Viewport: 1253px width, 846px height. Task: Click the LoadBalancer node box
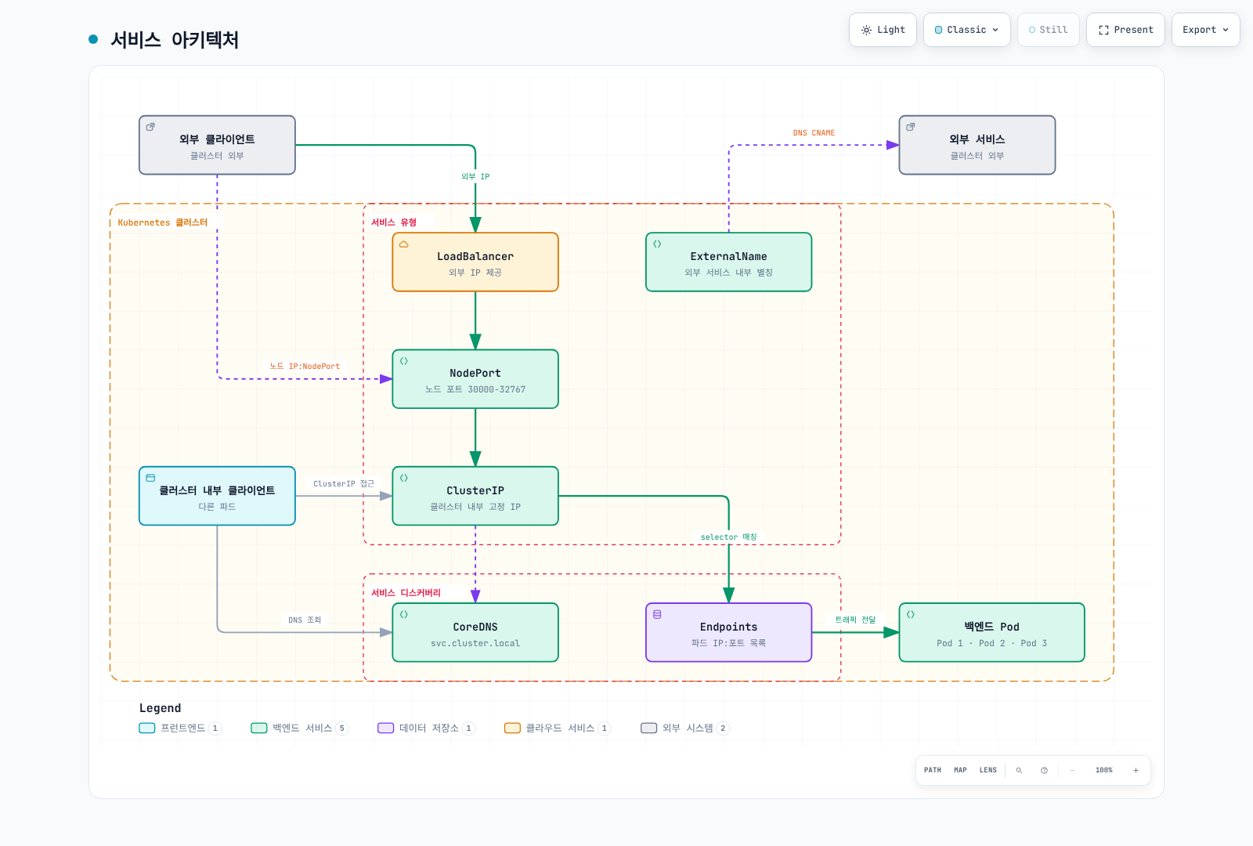(x=475, y=262)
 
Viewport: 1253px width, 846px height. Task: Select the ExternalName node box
(x=728, y=262)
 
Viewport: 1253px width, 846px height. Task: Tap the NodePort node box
(x=475, y=379)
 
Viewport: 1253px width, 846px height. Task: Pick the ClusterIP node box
(x=475, y=496)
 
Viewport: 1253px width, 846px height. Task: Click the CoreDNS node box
(x=475, y=632)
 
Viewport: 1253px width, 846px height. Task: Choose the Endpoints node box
(x=728, y=632)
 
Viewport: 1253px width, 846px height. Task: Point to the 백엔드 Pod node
(x=991, y=632)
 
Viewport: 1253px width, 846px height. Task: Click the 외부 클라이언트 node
(x=217, y=145)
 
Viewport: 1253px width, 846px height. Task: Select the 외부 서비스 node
(x=977, y=145)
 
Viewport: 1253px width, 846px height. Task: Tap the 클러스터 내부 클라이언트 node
(x=217, y=496)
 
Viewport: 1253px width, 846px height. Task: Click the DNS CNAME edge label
(x=814, y=132)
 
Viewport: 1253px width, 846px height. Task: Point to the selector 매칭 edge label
(x=728, y=537)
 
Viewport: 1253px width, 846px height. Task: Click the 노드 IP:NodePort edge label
(x=305, y=366)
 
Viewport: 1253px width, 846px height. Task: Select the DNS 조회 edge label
(x=305, y=620)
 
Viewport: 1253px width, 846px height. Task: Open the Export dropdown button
(x=1205, y=30)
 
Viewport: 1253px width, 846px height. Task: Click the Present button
(x=1125, y=30)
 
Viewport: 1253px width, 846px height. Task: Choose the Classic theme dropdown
(x=966, y=30)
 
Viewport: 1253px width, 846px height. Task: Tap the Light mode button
(x=882, y=30)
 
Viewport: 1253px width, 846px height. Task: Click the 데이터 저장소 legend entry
(x=426, y=728)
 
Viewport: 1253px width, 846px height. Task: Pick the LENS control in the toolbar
(x=988, y=770)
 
